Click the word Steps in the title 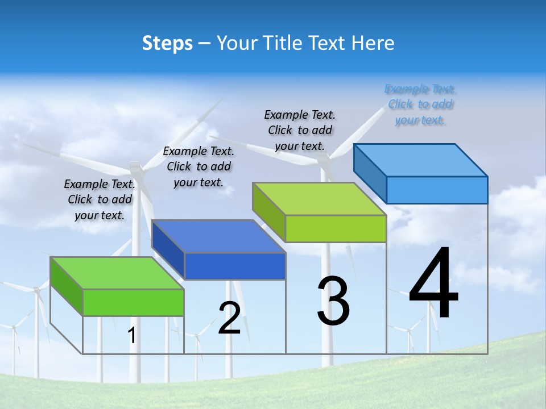click(x=167, y=43)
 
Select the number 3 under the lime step click(x=333, y=301)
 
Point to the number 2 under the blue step click(x=229, y=318)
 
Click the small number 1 click(x=131, y=336)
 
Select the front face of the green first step click(x=133, y=302)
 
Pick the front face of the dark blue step click(x=235, y=266)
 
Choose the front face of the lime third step click(x=336, y=228)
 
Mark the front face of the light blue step click(x=437, y=190)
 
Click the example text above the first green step click(x=100, y=199)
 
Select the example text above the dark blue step click(x=198, y=166)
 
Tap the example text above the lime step click(x=300, y=130)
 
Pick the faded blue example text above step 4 click(x=420, y=105)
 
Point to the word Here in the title click(x=374, y=43)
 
